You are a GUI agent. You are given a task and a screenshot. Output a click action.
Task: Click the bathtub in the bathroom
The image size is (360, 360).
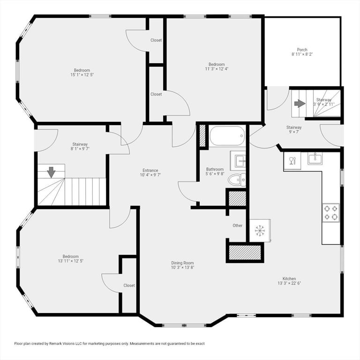point(227,135)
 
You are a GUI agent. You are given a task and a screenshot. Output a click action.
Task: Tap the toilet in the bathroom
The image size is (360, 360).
point(236,180)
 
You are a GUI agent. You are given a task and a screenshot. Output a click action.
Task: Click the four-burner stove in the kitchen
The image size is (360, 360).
point(331,213)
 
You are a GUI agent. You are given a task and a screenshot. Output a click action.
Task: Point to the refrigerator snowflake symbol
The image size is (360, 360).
point(260,231)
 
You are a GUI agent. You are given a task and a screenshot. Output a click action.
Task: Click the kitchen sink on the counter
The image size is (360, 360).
point(315,158)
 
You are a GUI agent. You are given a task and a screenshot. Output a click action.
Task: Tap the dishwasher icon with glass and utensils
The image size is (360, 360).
point(292,161)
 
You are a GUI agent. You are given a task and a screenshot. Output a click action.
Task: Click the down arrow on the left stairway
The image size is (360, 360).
point(51,172)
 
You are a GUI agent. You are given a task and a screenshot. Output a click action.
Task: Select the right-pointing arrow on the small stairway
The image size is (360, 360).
point(300,103)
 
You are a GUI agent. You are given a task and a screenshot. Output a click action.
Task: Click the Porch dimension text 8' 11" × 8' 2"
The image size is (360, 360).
point(302,54)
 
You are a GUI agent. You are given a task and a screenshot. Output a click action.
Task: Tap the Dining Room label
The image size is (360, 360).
point(182,263)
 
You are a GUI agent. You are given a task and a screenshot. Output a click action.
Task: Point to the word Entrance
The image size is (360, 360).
point(150,170)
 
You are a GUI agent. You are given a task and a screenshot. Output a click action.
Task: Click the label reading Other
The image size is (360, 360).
point(237,225)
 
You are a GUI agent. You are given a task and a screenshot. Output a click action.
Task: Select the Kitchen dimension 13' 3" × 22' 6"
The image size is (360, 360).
point(289,283)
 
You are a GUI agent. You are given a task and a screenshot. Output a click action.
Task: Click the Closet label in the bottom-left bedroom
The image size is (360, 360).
point(129,285)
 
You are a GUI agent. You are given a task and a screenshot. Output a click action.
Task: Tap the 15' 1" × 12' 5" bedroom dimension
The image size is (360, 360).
point(82,75)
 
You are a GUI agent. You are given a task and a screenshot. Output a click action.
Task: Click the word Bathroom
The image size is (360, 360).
point(215,169)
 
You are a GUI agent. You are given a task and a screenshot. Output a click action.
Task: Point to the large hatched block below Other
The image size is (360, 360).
point(245,253)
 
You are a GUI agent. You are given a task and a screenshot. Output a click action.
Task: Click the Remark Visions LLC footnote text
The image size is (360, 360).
point(109,344)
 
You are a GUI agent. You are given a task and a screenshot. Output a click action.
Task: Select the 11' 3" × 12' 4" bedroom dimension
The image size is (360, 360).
point(217,68)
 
